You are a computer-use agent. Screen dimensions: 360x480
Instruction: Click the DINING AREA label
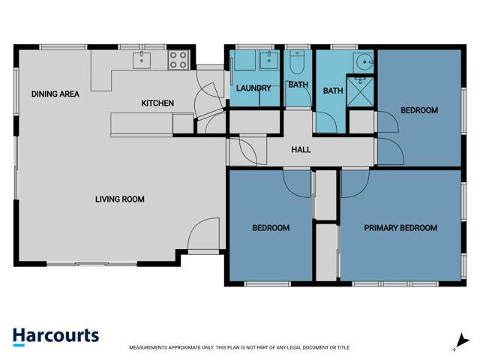pyautogui.click(x=55, y=94)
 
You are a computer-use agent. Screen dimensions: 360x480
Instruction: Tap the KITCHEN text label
pyautogui.click(x=157, y=103)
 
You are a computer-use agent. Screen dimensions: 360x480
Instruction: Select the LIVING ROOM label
pyautogui.click(x=119, y=199)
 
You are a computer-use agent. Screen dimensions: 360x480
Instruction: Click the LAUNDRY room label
pyautogui.click(x=253, y=88)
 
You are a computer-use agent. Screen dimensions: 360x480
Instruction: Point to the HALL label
pyautogui.click(x=301, y=150)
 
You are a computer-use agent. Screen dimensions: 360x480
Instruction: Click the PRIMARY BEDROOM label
pyautogui.click(x=400, y=228)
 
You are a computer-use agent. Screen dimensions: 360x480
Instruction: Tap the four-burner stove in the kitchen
pyautogui.click(x=178, y=60)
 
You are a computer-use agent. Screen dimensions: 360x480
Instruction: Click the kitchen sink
pyautogui.click(x=142, y=60)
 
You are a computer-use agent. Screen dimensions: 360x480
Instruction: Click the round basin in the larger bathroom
pyautogui.click(x=364, y=62)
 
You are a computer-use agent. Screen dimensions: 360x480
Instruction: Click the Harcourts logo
pyautogui.click(x=55, y=336)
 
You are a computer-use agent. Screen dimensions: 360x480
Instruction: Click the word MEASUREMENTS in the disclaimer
pyautogui.click(x=151, y=348)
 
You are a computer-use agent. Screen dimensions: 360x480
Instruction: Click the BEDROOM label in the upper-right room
pyautogui.click(x=418, y=110)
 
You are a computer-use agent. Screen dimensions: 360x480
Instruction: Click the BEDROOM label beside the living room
pyautogui.click(x=270, y=228)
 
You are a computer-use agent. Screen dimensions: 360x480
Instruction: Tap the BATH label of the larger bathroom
pyautogui.click(x=333, y=91)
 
